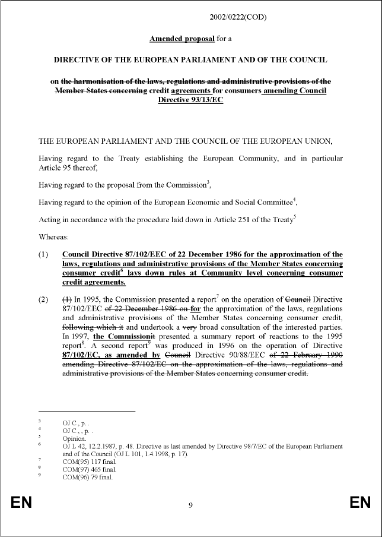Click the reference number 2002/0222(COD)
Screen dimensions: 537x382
(238, 17)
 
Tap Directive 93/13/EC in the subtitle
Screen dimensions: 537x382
(190, 100)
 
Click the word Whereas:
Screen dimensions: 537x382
(55, 236)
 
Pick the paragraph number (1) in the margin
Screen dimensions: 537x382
(45, 254)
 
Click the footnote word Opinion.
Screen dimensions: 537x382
(75, 438)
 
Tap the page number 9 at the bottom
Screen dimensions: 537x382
(190, 506)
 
